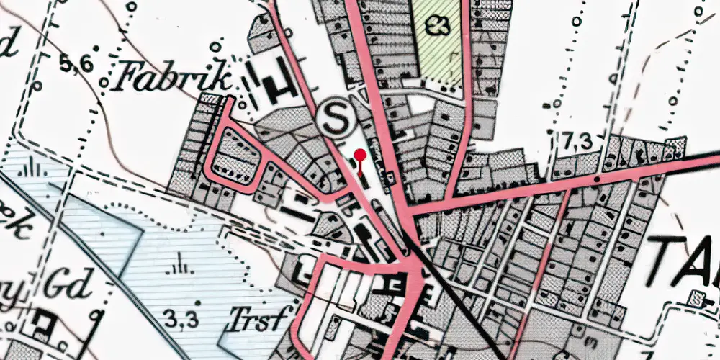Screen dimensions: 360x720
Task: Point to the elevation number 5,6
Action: click(77, 65)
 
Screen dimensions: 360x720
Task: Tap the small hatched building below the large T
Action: click(696, 297)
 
